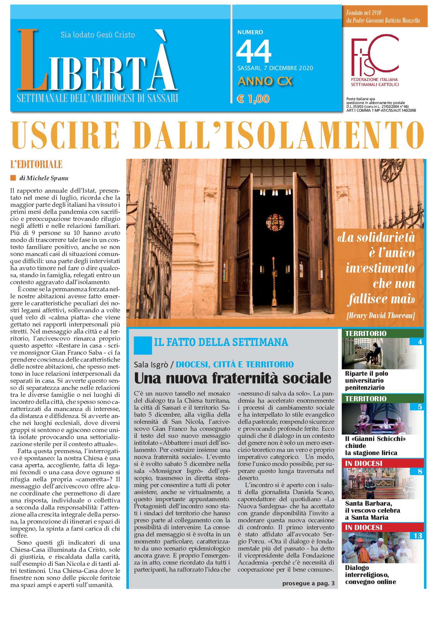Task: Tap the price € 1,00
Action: tap(253, 99)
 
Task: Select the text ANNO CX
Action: tap(265, 81)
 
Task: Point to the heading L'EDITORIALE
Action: tap(36, 165)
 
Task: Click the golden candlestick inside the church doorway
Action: tap(273, 282)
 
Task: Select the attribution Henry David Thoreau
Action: tap(380, 316)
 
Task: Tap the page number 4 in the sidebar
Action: tap(419, 342)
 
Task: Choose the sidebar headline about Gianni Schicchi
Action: tap(375, 445)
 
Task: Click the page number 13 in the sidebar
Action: tap(418, 536)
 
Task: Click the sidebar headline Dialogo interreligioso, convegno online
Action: tap(370, 575)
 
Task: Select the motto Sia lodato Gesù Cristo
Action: tap(97, 35)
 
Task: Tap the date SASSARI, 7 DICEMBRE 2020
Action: tap(275, 68)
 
